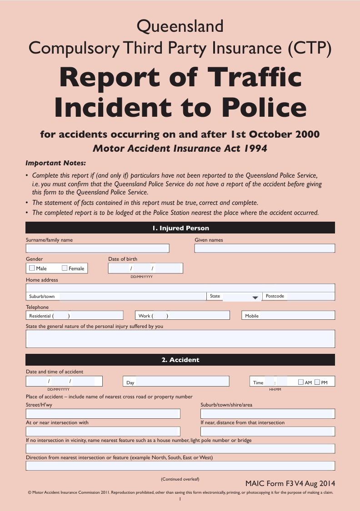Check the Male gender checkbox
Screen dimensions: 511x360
[32, 268]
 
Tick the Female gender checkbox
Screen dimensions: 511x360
[65, 268]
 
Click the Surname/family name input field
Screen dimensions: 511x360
[97, 248]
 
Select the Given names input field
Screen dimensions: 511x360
[265, 248]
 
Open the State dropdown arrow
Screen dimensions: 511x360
[255, 297]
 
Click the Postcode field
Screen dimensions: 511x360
[311, 296]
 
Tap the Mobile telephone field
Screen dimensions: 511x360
[297, 316]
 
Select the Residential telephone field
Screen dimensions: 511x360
[95, 316]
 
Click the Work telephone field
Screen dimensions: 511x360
[198, 316]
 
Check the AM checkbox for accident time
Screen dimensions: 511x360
[301, 382]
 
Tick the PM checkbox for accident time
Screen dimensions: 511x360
[317, 382]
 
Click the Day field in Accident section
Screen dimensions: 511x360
[182, 382]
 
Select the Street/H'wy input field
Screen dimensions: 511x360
[103, 414]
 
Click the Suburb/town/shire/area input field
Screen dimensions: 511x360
[268, 414]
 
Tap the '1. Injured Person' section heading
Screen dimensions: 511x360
[180, 228]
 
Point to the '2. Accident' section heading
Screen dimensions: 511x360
[180, 360]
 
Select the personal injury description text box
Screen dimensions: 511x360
[180, 339]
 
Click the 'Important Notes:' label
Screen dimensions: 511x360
[55, 163]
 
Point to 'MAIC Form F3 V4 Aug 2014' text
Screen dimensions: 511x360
[290, 483]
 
